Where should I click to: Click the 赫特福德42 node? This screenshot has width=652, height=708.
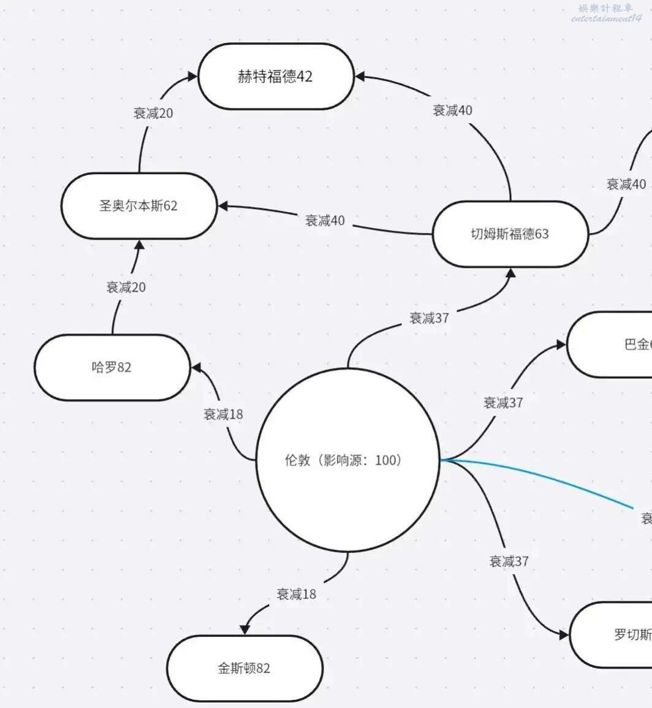tap(275, 77)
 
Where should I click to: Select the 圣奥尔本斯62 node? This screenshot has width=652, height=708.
tap(138, 205)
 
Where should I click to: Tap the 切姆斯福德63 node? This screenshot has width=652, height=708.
tap(510, 234)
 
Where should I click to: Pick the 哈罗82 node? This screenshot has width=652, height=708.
tap(112, 367)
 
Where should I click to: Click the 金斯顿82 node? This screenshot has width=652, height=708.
tap(244, 668)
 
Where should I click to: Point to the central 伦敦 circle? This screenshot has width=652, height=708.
tap(347, 460)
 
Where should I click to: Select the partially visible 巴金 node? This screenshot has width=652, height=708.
tap(613, 344)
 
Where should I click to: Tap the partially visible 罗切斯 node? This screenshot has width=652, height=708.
tap(613, 634)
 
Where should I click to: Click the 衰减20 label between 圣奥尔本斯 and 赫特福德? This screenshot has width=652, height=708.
tap(153, 113)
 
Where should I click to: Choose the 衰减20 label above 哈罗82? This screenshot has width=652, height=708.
tap(126, 287)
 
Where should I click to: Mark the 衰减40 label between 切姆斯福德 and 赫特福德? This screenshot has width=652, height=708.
tap(453, 110)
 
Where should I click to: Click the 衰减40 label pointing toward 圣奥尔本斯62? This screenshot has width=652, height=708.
tap(325, 221)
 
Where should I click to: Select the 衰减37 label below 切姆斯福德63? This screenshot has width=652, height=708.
tap(430, 318)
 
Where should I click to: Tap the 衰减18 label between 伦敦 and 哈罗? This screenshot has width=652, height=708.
tap(223, 414)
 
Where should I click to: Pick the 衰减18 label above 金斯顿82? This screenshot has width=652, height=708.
tap(297, 594)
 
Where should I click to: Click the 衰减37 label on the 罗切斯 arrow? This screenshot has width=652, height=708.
tap(509, 561)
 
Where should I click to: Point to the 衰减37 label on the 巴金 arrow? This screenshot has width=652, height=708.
tap(503, 403)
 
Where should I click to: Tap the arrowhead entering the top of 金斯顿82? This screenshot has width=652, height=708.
tap(246, 629)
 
